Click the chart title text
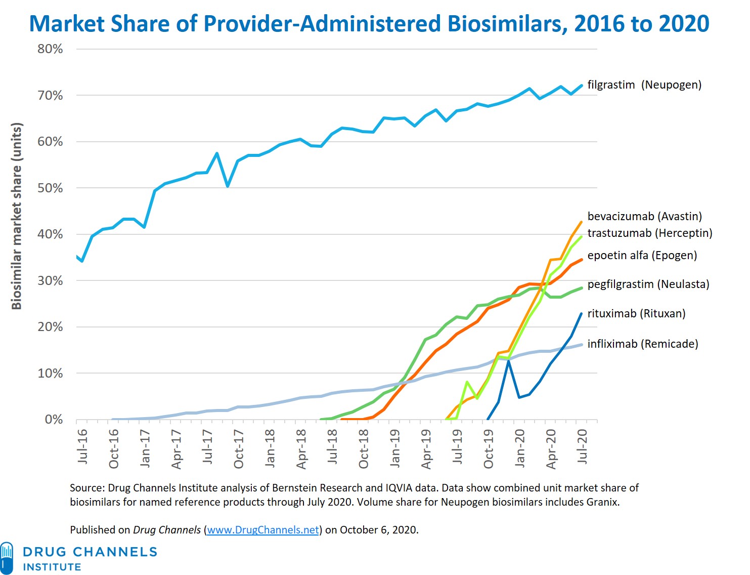(369, 24)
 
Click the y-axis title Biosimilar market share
(17, 216)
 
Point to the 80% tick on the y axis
(50, 49)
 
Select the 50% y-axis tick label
(50, 188)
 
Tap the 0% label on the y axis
(54, 420)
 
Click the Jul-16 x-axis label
(82, 446)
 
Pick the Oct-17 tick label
(239, 448)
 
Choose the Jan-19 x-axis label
(395, 448)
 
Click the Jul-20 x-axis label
(583, 446)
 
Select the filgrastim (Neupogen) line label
(644, 85)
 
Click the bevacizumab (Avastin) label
(644, 217)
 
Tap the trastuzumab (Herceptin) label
(649, 233)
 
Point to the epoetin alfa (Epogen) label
(642, 256)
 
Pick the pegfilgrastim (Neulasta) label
(648, 284)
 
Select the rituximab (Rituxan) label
(636, 314)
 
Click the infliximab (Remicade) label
(642, 344)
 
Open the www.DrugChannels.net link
(263, 530)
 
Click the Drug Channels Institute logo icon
(7, 558)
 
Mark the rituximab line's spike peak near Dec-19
(508, 360)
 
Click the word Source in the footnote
(86, 488)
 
